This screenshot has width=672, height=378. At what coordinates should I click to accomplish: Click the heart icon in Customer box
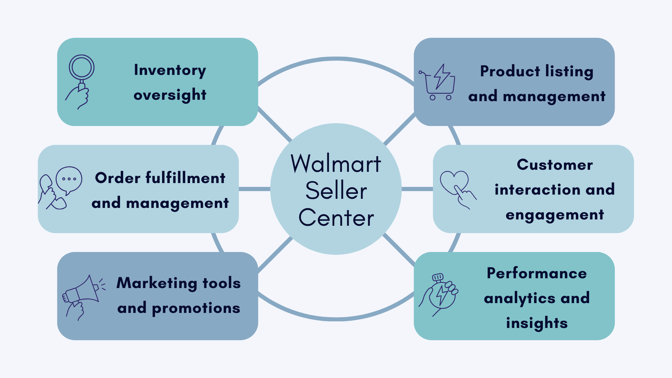454,182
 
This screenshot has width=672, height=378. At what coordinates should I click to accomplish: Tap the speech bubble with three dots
69,179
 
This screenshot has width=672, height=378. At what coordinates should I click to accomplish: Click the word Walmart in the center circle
336,163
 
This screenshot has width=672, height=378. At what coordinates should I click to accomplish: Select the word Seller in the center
336,191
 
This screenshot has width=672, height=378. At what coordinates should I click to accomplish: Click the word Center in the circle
336,218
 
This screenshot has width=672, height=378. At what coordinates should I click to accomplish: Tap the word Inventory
170,70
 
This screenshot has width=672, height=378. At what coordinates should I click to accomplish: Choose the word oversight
170,95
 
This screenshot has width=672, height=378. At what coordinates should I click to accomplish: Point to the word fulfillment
185,178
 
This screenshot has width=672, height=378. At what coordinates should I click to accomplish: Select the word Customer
555,164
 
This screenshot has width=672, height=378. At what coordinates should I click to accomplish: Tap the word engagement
555,215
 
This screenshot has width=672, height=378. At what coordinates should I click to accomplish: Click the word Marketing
157,283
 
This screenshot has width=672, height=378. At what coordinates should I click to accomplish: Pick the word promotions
196,308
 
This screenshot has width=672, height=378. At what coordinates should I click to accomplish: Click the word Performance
537,273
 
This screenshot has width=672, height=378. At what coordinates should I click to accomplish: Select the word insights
537,323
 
